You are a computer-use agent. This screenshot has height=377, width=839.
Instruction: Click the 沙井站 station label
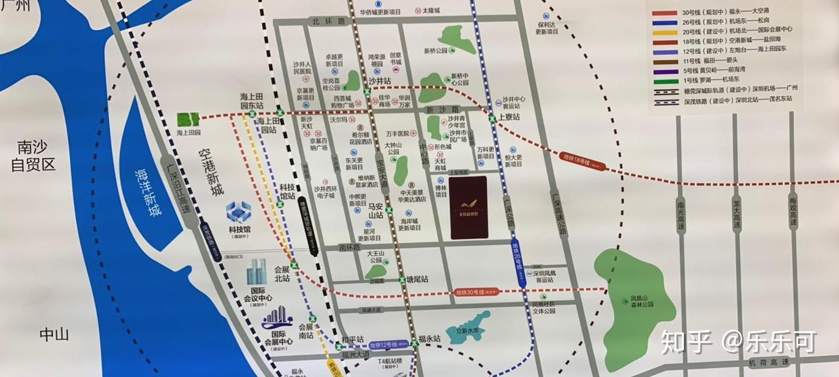coord(379,81)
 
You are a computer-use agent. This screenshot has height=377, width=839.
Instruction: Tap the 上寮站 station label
coord(509,117)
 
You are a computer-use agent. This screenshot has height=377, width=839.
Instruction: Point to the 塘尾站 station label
coord(418,279)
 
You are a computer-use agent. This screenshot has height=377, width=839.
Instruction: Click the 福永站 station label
coord(429,339)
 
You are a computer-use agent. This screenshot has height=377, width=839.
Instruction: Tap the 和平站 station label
coord(353,339)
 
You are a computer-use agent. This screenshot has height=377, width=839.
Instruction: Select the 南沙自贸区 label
coord(33,155)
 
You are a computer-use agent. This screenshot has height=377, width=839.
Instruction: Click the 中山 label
coord(54,335)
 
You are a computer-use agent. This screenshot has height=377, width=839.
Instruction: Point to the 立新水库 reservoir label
coord(470,331)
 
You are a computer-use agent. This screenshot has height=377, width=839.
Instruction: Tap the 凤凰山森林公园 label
coord(642,302)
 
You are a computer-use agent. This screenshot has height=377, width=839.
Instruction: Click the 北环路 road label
coord(328,21)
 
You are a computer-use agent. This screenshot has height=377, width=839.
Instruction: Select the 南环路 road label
coord(349,247)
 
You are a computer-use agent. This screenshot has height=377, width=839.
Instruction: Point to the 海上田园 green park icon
coord(188,120)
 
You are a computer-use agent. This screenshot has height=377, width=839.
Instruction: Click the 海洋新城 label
coord(148,192)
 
